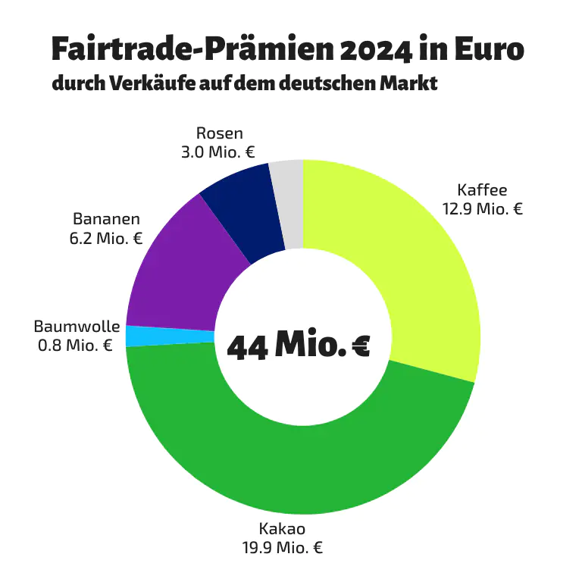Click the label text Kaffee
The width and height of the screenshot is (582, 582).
coord(483,189)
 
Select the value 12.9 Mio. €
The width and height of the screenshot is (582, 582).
coord(483,208)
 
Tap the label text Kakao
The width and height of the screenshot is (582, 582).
coord(282,528)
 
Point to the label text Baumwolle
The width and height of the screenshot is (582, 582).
coord(77,327)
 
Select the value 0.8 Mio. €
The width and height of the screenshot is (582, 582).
coord(75,346)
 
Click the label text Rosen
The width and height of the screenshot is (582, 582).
coord(220,133)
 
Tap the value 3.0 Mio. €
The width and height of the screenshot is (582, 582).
coord(218,152)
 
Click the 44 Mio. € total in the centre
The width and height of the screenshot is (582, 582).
coord(299,346)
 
